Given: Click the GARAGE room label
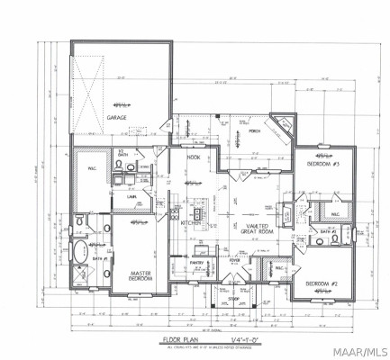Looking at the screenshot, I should click(117, 117).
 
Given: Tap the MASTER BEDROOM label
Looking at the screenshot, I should click(141, 276).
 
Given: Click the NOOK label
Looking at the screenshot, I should click(193, 157).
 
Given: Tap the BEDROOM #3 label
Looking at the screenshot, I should click(322, 166).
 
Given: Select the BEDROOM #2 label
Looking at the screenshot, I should click(322, 284).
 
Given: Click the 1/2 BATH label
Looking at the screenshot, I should click(122, 154).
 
